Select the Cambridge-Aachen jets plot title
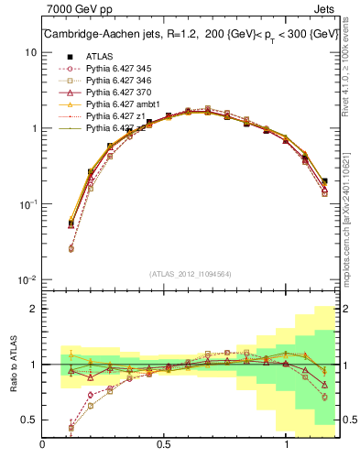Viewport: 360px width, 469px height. tap(183, 35)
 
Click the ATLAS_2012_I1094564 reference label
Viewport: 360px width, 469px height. tap(183, 274)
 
